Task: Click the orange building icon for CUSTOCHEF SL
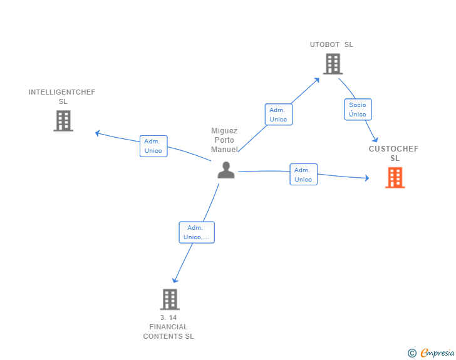point(395,178)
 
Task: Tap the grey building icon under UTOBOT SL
point(333,64)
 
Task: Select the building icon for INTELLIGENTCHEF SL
point(63,121)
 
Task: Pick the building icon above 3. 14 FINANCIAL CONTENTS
point(170,299)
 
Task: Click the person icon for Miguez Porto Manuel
point(225,170)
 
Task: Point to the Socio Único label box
point(358,110)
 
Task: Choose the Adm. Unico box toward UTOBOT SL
point(278,115)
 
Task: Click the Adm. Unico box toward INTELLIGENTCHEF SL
point(153,146)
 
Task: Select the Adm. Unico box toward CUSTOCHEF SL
point(303,175)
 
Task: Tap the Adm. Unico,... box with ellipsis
point(197,232)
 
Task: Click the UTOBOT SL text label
point(331,45)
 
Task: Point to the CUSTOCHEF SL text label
point(394,153)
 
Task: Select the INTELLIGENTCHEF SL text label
point(62,96)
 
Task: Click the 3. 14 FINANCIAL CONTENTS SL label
point(168,327)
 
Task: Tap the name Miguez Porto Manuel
point(224,140)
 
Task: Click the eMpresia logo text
point(437,353)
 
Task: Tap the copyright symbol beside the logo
point(412,353)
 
